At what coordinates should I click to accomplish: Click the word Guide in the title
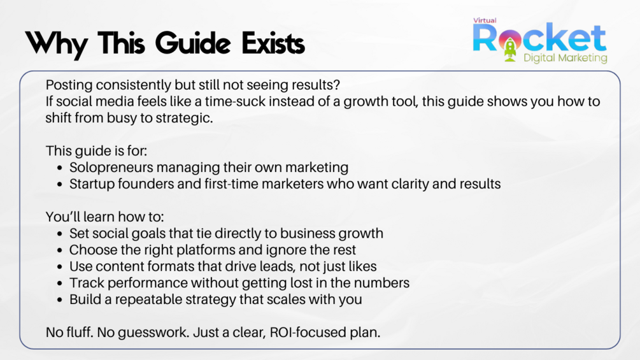pyautogui.click(x=194, y=43)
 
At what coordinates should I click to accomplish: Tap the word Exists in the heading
pyautogui.click(x=273, y=43)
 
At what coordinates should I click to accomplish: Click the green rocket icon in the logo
pyautogui.click(x=510, y=49)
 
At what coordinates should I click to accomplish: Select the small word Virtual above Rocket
pyautogui.click(x=485, y=20)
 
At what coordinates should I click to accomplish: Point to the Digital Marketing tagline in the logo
pyautogui.click(x=565, y=58)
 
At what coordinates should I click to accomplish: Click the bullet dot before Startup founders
pyautogui.click(x=60, y=185)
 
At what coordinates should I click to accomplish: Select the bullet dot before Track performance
pyautogui.click(x=60, y=284)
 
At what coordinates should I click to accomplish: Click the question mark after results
pyautogui.click(x=336, y=85)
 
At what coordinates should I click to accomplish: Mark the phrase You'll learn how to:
pyautogui.click(x=105, y=217)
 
